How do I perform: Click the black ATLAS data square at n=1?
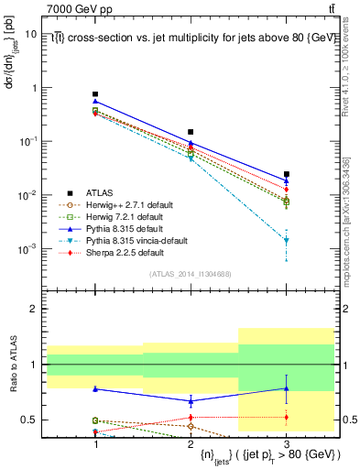(95, 94)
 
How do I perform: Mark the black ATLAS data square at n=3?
(287, 174)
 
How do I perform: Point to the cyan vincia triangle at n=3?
(287, 241)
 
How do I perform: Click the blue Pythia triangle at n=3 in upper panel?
(287, 180)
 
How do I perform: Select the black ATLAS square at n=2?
(191, 132)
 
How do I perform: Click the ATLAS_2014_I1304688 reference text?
(191, 274)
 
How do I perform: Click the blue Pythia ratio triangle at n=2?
(191, 400)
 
